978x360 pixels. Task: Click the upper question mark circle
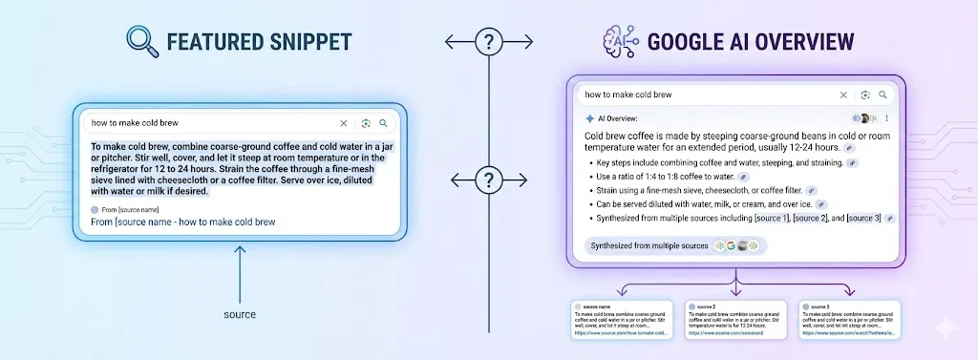pos(489,42)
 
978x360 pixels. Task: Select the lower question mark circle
pos(489,179)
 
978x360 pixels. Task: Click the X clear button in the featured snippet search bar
pos(344,123)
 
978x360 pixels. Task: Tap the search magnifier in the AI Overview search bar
pos(883,95)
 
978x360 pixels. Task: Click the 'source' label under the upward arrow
pos(239,313)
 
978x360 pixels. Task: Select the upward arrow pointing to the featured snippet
pos(239,272)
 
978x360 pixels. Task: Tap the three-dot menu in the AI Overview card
pos(886,118)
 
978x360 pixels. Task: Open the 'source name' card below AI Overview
pos(622,321)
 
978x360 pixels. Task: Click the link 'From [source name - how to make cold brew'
pos(183,222)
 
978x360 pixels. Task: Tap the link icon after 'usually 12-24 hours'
pos(849,148)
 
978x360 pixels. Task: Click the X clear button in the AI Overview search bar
pos(842,95)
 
